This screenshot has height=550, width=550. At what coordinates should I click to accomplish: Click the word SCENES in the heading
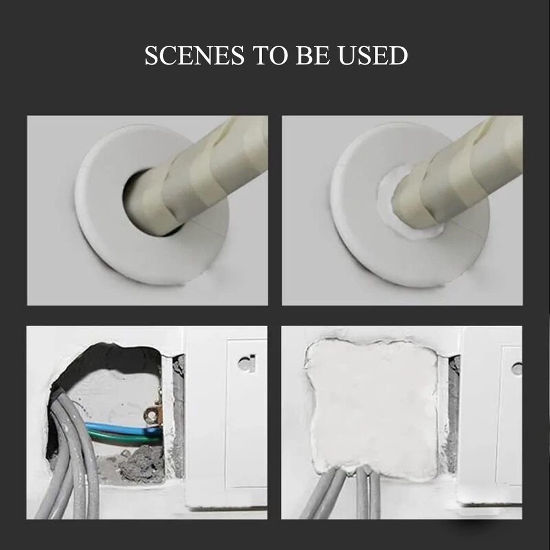point(194,55)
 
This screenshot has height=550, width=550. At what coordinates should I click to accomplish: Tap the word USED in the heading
point(373,55)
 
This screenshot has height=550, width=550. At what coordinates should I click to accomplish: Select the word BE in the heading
point(313,55)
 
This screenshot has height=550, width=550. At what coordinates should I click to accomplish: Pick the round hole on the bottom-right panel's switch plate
point(517,369)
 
